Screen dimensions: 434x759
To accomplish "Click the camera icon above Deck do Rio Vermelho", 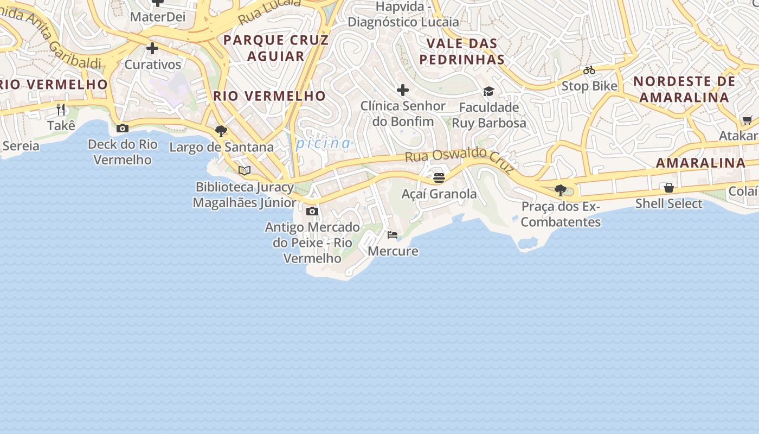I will [x=123, y=129].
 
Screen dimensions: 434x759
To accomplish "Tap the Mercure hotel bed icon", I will [x=393, y=235].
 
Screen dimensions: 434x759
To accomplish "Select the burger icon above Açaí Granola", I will [x=439, y=177].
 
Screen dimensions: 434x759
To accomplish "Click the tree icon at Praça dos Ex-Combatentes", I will [x=561, y=190].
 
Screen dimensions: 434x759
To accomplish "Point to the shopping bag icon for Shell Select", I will [x=669, y=188].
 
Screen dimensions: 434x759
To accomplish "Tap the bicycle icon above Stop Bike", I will [x=589, y=70].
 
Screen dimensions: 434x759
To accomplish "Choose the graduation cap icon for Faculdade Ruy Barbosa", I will [x=489, y=91].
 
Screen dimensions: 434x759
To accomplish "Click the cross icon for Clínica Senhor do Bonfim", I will [x=402, y=90].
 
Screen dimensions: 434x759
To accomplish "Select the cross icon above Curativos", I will [x=152, y=48].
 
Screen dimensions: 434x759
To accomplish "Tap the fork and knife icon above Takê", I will [x=61, y=110].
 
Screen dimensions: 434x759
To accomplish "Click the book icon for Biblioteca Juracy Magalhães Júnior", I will [x=245, y=171].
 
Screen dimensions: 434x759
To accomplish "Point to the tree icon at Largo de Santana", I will [x=221, y=131].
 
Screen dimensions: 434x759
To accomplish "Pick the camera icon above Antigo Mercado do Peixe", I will [x=312, y=211].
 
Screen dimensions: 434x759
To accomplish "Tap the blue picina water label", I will [x=324, y=143].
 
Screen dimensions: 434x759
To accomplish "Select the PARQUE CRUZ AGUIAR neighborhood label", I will [x=276, y=48].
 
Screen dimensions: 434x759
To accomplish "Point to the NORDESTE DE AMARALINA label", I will [x=684, y=89].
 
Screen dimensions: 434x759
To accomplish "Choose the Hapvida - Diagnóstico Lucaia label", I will [x=403, y=15].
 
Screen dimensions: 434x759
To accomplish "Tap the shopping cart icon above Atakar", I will [x=748, y=120].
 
